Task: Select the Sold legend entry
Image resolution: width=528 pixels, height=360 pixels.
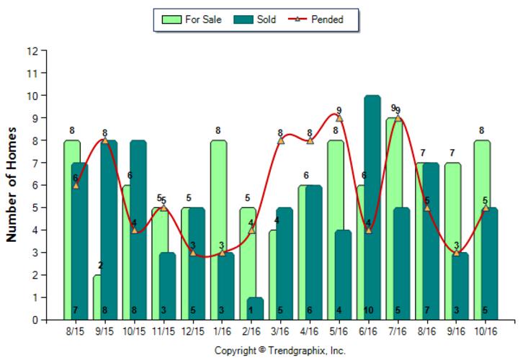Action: click(257, 19)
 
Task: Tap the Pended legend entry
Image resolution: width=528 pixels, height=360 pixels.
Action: click(318, 19)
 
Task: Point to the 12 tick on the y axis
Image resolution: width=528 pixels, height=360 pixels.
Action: click(32, 51)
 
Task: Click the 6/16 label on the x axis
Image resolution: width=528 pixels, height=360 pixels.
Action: click(368, 332)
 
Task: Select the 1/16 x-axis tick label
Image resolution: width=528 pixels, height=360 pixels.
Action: click(222, 332)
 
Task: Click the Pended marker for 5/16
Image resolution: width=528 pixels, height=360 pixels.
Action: click(339, 118)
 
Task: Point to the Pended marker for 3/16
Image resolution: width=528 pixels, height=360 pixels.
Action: click(281, 140)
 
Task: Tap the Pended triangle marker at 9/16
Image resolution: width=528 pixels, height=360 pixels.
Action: click(456, 253)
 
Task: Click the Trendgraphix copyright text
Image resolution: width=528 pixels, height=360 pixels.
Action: click(280, 351)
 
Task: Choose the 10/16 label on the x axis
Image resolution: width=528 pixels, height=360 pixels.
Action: click(485, 332)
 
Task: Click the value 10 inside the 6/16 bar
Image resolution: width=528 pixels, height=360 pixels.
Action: click(369, 310)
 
